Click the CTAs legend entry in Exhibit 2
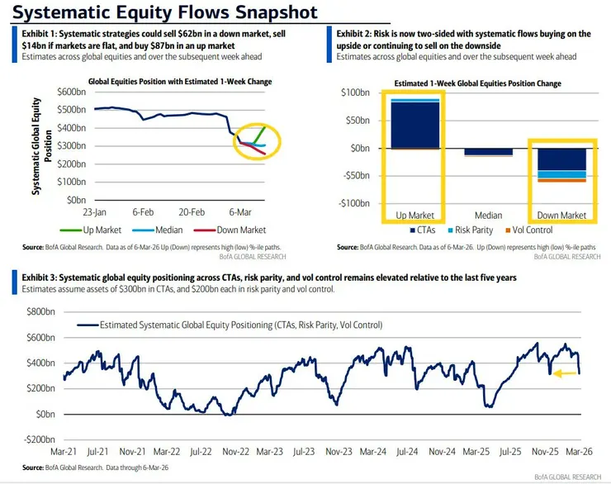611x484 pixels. [x=423, y=230]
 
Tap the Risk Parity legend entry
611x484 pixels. [x=471, y=230]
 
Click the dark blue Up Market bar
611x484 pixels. [x=415, y=125]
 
